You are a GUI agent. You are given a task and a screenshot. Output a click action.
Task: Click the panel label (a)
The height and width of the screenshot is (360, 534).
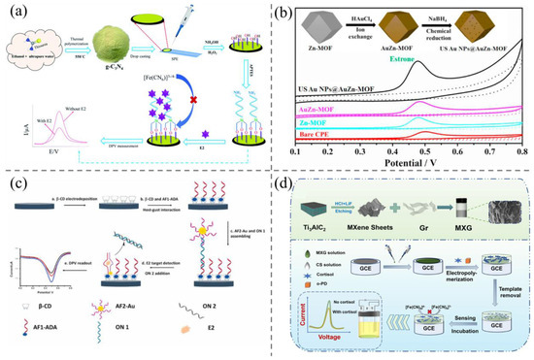pos(17,13)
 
